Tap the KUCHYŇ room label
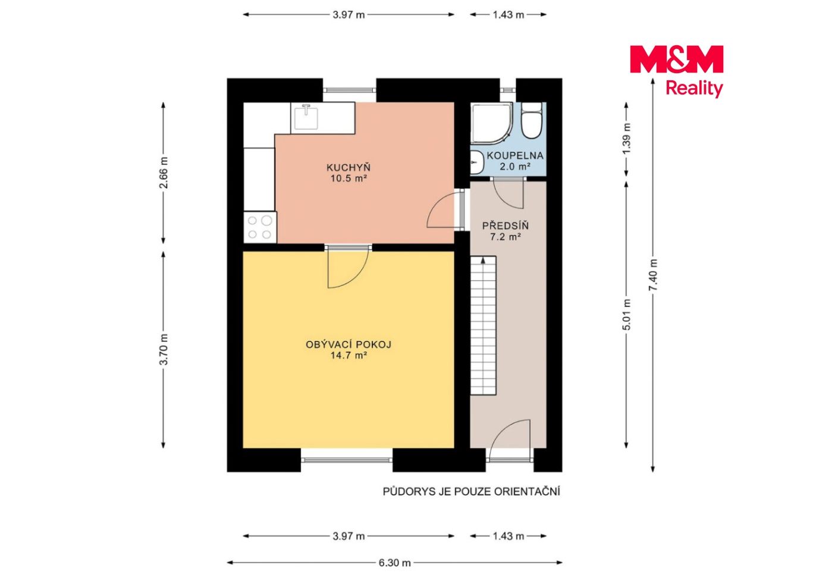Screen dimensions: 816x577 coord(349,168)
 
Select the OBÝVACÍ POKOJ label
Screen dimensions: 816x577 coord(349,344)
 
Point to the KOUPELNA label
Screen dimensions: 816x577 coord(514,155)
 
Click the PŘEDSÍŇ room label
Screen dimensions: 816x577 coord(506,225)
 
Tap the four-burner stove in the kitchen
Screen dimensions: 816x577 coord(260,227)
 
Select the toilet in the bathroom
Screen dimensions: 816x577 coord(532,121)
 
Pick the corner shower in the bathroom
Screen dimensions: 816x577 coord(492,123)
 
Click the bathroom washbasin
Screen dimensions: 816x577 coord(476,162)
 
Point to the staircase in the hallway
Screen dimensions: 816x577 coord(483,325)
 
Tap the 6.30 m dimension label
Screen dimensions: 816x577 coord(394,563)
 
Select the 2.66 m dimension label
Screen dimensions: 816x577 coord(164,173)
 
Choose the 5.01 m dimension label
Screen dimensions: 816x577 coord(626,314)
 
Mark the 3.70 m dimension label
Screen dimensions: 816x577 coord(164,349)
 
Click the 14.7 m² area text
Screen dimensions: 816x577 coord(349,356)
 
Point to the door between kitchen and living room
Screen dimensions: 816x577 coord(349,265)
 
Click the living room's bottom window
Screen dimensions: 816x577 coord(346,460)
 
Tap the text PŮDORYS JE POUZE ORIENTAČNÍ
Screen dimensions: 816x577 coord(472,492)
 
